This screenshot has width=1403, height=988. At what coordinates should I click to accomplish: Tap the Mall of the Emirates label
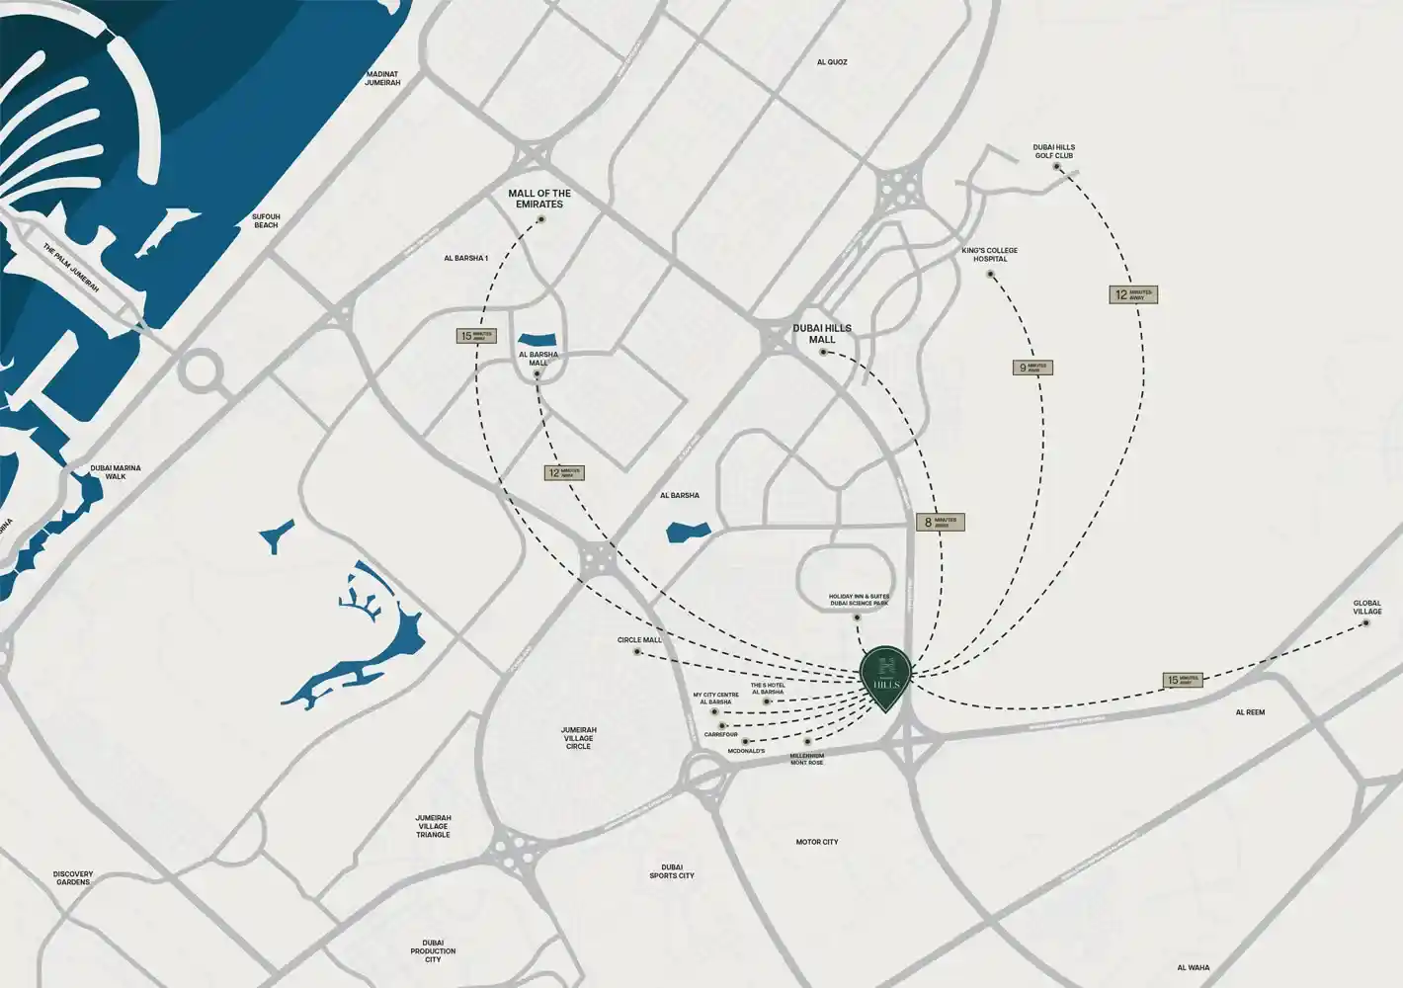coord(539,199)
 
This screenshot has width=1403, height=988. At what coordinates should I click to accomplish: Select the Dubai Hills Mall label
coord(821,333)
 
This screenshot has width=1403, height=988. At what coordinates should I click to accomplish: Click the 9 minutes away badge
coord(1032,368)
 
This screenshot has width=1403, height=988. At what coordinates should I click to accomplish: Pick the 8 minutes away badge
coord(939,522)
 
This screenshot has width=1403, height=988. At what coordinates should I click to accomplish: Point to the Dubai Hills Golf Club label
coord(1053,150)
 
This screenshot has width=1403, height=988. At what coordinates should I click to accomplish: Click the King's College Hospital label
coord(989,255)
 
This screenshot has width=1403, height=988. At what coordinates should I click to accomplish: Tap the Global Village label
coord(1367,607)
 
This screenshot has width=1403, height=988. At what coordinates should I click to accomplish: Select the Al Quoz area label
coord(832,62)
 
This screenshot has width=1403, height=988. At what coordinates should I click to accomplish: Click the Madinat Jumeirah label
coord(382,78)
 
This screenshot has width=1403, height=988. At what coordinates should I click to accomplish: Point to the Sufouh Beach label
coord(266,220)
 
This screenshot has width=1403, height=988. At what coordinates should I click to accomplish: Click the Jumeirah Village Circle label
coord(578,738)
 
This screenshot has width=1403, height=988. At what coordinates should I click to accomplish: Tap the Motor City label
coord(817,842)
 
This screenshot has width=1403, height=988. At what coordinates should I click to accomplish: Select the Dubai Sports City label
coord(672,871)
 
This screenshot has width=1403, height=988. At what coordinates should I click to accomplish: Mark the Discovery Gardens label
coord(73,877)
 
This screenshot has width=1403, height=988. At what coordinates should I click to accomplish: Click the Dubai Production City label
coord(433,950)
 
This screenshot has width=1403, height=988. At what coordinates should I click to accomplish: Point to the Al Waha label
coord(1194,968)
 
